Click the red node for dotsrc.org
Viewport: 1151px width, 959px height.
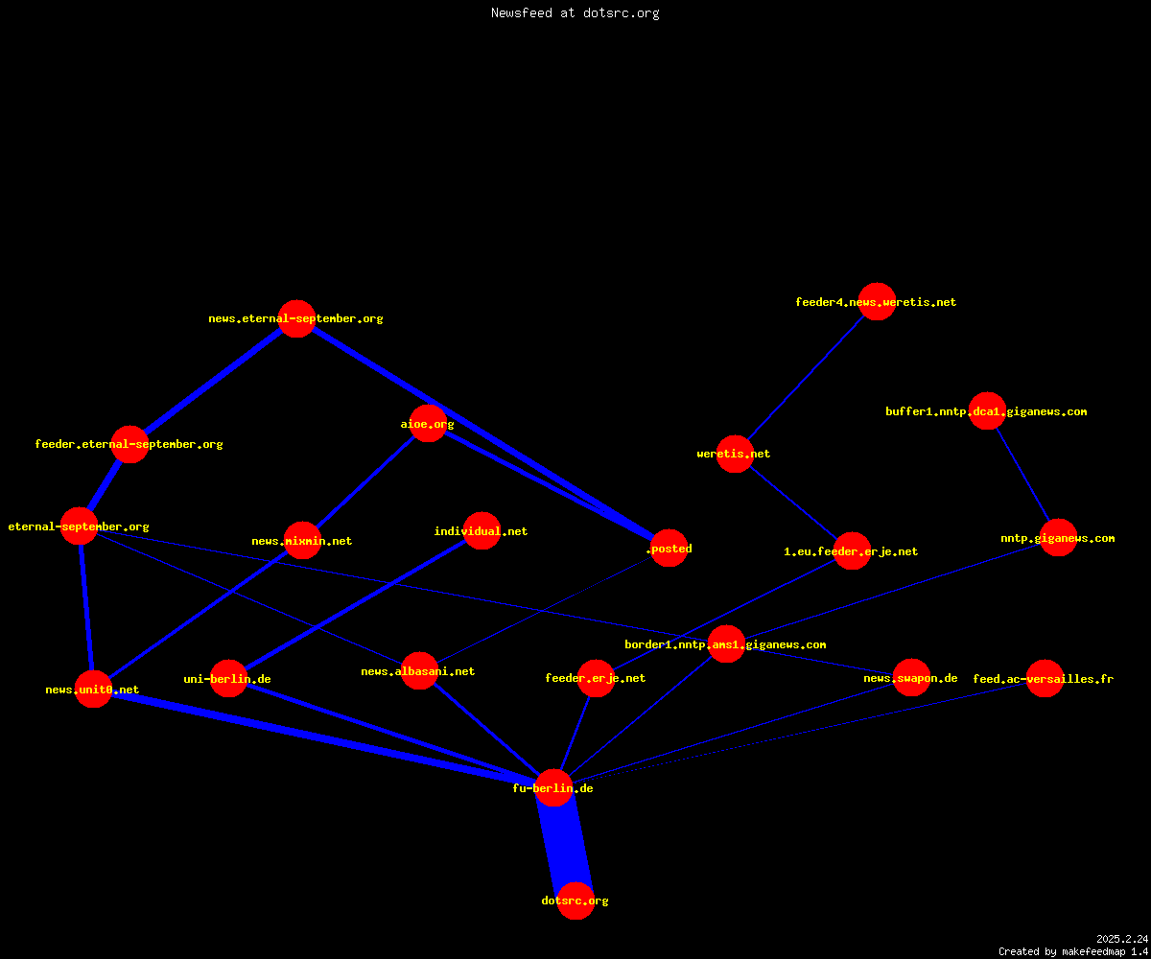(x=575, y=901)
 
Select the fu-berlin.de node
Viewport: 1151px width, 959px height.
(x=553, y=788)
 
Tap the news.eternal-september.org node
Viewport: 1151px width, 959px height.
(x=296, y=318)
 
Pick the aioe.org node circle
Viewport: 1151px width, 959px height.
(x=428, y=423)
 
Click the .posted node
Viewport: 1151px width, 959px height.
(x=669, y=549)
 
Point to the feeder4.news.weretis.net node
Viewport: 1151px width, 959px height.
(x=877, y=301)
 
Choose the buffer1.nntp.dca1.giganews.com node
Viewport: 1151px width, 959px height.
(x=987, y=410)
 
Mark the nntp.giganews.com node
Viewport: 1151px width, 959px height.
(x=1058, y=537)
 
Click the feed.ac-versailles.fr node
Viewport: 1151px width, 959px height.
(x=1045, y=678)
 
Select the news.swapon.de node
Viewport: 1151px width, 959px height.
(x=911, y=677)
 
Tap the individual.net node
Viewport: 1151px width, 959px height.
(x=482, y=530)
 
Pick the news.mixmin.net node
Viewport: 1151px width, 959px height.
(x=302, y=540)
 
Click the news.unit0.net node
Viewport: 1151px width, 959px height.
(x=93, y=689)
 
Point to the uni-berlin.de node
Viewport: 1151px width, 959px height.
(x=228, y=678)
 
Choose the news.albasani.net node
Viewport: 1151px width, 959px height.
(x=419, y=670)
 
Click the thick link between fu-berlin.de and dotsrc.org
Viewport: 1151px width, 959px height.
(x=565, y=844)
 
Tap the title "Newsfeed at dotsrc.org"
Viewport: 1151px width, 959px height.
(x=575, y=12)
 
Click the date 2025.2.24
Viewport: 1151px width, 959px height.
(x=1122, y=939)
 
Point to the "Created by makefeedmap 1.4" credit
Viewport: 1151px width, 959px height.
(x=1073, y=951)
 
